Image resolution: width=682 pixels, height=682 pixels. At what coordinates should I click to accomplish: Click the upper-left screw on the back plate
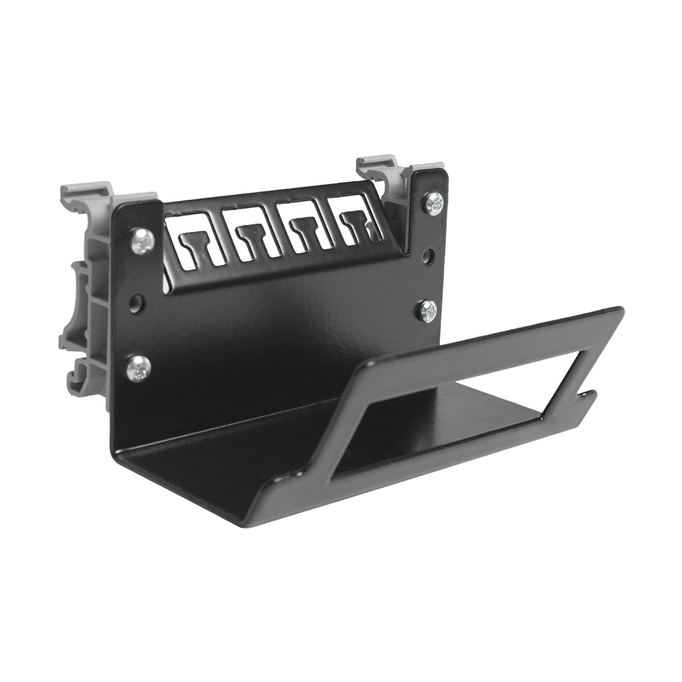[143, 240]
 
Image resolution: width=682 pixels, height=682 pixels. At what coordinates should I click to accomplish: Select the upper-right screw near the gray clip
[433, 203]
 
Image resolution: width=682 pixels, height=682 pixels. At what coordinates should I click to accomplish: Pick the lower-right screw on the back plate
[428, 311]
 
